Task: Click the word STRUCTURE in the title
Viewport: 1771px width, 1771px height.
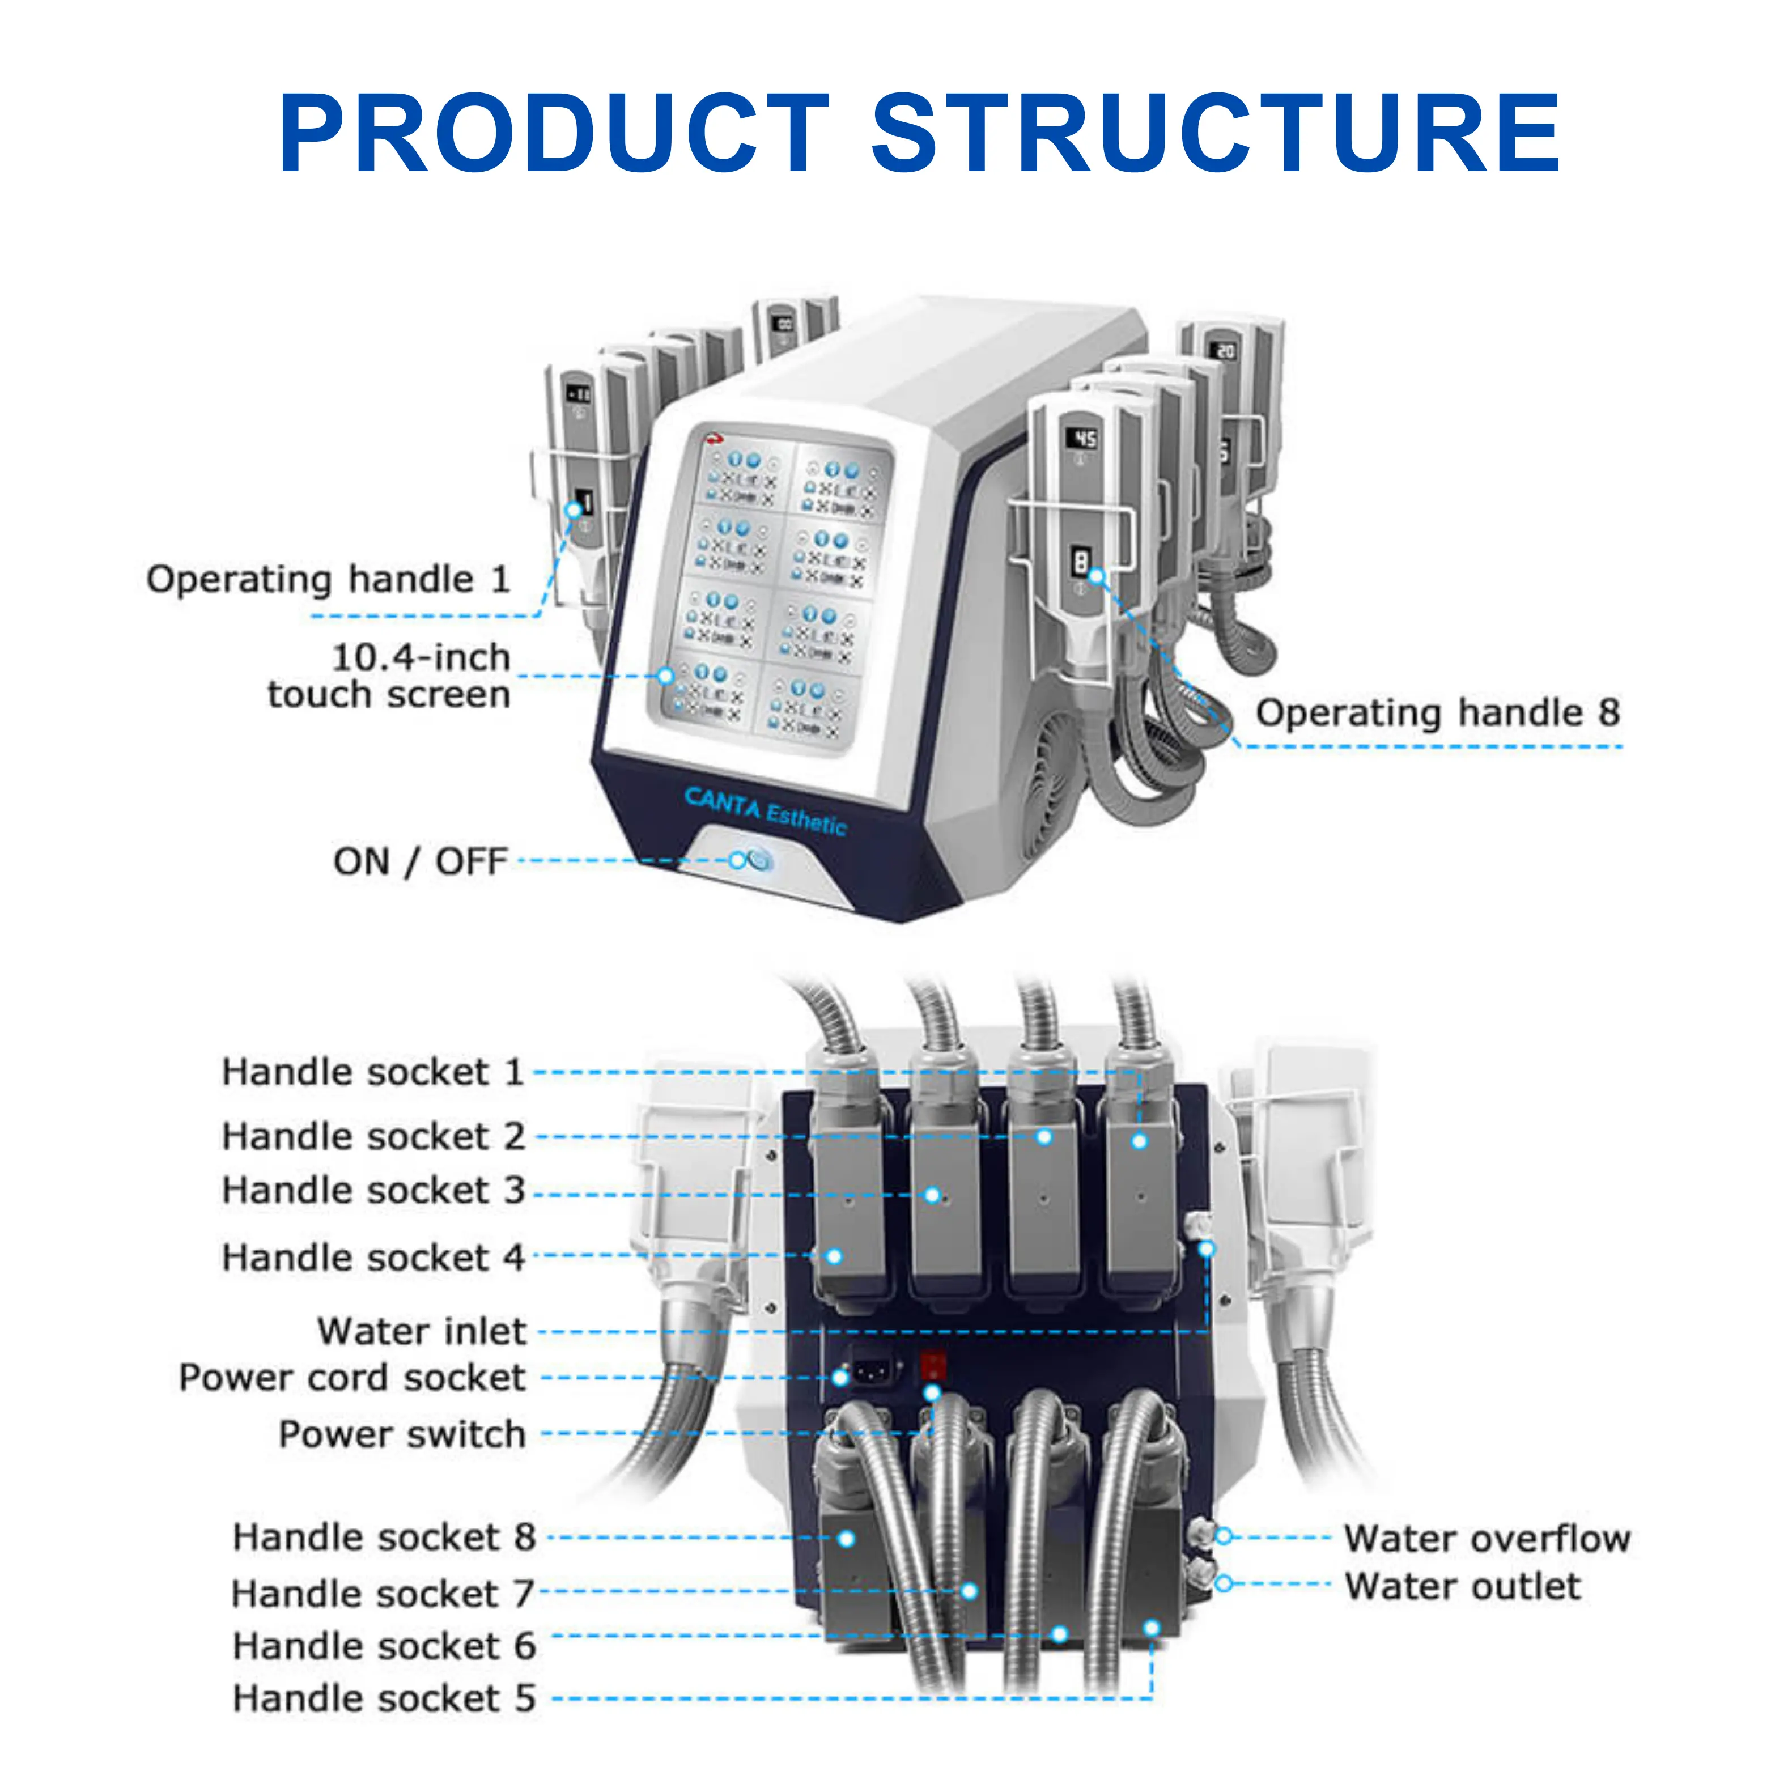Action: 1216,134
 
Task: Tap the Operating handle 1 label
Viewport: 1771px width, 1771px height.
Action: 328,579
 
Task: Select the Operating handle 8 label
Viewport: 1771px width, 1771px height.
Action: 1437,712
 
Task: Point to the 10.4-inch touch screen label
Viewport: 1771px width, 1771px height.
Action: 389,676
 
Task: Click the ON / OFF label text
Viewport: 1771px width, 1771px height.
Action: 420,861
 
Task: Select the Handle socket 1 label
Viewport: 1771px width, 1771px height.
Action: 372,1072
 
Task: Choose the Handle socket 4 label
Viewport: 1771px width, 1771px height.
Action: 372,1257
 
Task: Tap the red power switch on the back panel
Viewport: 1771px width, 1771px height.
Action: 932,1365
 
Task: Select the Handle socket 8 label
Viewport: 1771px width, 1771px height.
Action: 383,1538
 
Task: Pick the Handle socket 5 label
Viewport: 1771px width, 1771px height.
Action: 383,1698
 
